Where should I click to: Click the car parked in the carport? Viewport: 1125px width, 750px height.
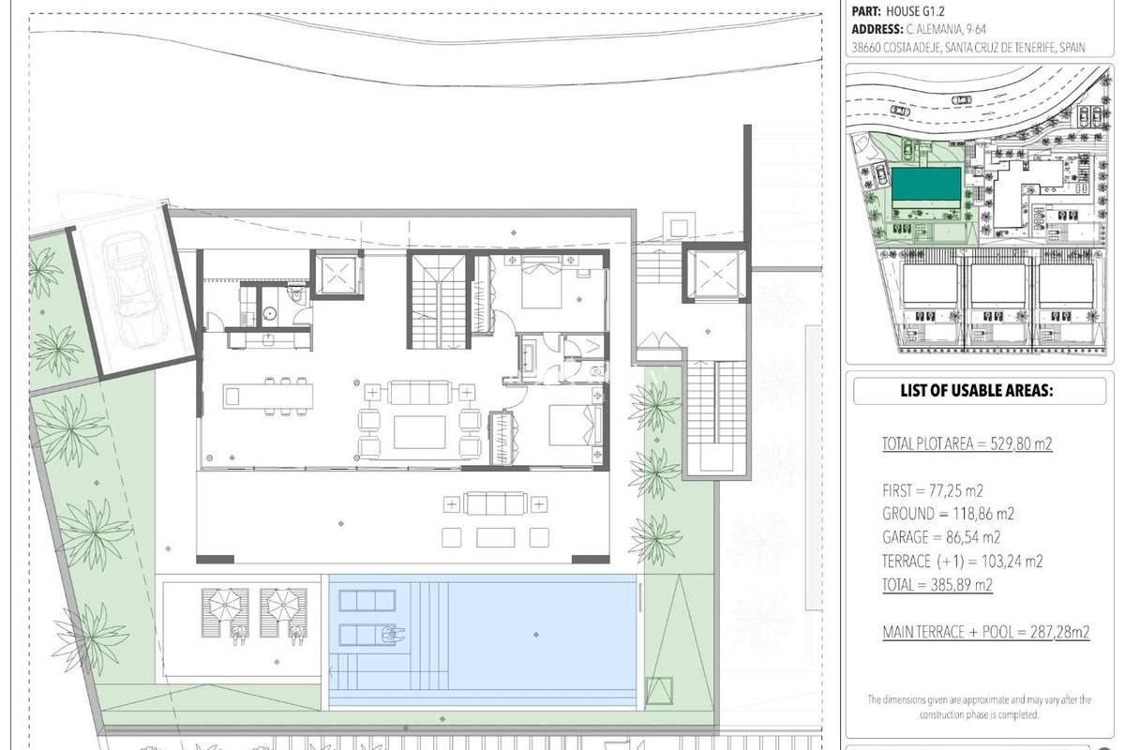[132, 290]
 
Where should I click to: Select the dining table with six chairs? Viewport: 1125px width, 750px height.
[268, 396]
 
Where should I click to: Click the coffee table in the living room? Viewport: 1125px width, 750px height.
[419, 432]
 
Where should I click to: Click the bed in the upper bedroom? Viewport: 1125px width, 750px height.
[542, 282]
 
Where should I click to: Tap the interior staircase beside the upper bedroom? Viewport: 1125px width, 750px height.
[439, 300]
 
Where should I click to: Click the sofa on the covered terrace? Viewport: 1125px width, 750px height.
[495, 503]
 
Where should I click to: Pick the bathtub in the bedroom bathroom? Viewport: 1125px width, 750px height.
[530, 358]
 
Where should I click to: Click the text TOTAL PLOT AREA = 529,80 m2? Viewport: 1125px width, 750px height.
[967, 443]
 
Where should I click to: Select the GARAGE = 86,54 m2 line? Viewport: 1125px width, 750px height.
[941, 537]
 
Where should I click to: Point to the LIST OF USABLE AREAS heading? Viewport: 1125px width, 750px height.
[977, 390]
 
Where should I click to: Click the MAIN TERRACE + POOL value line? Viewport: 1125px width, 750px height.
[986, 632]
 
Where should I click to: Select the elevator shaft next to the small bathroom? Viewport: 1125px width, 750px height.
[337, 275]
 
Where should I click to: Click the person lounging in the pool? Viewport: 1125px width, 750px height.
[392, 634]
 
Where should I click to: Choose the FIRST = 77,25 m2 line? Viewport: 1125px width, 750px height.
[933, 490]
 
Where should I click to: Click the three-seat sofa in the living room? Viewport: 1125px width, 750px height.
[419, 392]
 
